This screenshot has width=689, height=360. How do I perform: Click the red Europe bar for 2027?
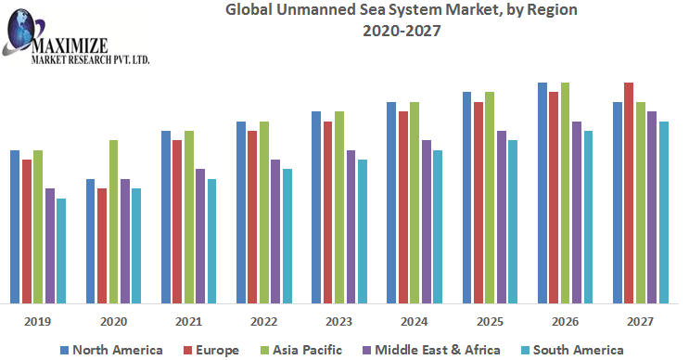point(629,193)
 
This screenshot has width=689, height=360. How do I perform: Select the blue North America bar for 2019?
point(15,226)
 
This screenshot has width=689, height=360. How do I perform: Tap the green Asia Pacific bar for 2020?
point(113,222)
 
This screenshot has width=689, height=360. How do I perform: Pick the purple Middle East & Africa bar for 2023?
point(351,226)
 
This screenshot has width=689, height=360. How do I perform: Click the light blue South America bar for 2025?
point(513,222)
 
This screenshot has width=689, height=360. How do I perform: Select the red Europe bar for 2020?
point(102,246)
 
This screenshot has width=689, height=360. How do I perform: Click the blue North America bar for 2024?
point(391,202)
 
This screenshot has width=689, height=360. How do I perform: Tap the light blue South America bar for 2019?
point(61,251)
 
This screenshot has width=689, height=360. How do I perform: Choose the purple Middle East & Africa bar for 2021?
point(200,236)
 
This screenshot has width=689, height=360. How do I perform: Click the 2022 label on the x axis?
point(264,320)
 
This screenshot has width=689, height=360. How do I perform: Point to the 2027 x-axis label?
point(640,320)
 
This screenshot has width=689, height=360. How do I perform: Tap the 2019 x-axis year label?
point(38,320)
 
